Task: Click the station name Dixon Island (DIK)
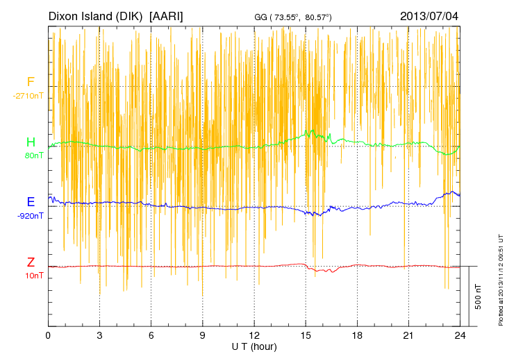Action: point(97,15)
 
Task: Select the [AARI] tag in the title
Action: point(167,15)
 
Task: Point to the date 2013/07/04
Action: point(429,15)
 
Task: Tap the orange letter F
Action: point(31,82)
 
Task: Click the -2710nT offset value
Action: point(28,96)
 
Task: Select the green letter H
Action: point(31,142)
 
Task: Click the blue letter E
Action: point(31,202)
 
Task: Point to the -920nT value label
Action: point(31,216)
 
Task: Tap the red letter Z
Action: point(31,262)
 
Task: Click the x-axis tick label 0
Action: point(48,336)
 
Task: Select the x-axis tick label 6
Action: point(151,336)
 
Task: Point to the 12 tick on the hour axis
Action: point(254,336)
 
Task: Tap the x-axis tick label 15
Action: point(306,336)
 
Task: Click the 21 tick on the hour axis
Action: point(408,336)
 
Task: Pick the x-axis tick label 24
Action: point(460,336)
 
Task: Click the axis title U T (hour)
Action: point(254,346)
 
